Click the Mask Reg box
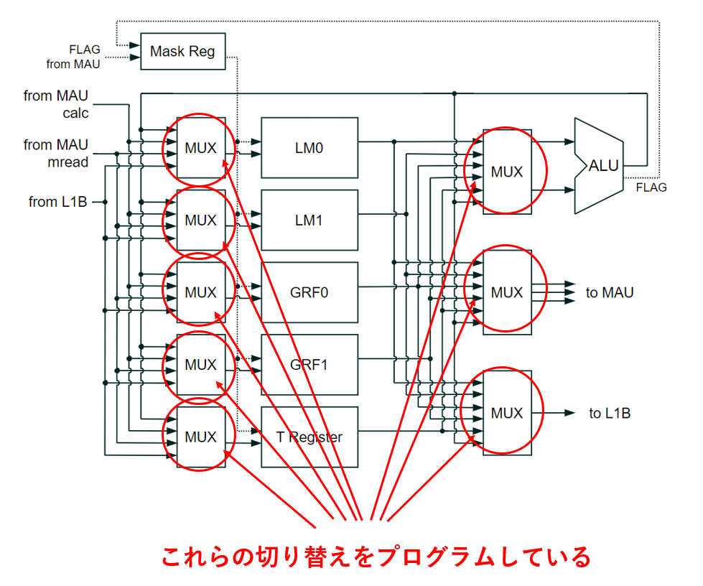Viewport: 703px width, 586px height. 183,51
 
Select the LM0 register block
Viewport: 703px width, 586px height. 309,147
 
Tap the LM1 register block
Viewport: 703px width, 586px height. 309,220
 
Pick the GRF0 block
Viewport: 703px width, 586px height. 309,292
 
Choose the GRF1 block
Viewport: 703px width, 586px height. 309,365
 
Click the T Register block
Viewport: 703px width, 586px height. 309,437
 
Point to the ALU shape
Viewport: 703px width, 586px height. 599,166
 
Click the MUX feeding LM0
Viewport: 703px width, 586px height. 201,147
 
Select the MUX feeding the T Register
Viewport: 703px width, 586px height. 201,437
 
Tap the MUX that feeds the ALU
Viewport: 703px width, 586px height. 507,172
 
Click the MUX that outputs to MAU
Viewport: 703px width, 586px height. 507,292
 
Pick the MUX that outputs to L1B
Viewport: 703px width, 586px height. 507,413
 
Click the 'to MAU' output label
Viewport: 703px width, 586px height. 610,292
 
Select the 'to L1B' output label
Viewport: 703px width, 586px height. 610,413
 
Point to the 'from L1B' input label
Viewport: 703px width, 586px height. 58,202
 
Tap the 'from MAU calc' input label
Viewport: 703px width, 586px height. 56,104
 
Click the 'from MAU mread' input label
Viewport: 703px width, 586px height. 56,154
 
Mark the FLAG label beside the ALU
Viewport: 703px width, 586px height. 651,187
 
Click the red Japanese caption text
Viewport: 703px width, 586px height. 376,557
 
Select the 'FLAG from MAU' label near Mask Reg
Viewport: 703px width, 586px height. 73,57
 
